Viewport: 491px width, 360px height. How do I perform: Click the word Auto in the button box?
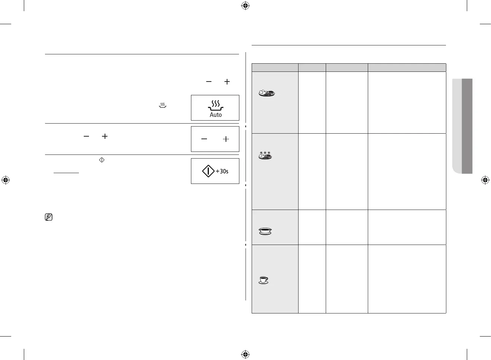pos(216,115)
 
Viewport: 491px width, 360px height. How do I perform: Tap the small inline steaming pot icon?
pos(162,106)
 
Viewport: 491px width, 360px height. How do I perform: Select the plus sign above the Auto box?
pos(227,82)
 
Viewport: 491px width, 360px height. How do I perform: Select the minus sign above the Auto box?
pos(209,82)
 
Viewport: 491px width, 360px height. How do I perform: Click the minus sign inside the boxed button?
pos(204,139)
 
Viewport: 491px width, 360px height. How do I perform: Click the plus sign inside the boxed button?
pos(226,139)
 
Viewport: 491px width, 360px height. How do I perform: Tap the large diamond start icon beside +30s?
pos(208,171)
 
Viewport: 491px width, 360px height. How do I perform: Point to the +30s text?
pos(222,171)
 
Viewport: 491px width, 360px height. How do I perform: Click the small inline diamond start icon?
pos(102,160)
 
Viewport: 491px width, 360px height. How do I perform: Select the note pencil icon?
pos(48,217)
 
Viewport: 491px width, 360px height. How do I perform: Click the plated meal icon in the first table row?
pos(267,93)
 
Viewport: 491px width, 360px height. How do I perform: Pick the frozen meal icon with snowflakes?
pos(265,155)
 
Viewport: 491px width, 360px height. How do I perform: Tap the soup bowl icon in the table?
pos(265,232)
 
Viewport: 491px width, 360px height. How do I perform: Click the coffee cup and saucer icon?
pos(264,280)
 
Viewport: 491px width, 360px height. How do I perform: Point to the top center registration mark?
pos(245,6)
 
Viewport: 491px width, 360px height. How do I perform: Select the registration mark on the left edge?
pos(6,180)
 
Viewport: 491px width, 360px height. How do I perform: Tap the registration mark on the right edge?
pos(485,180)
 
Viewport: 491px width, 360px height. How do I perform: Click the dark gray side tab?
pos(467,126)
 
